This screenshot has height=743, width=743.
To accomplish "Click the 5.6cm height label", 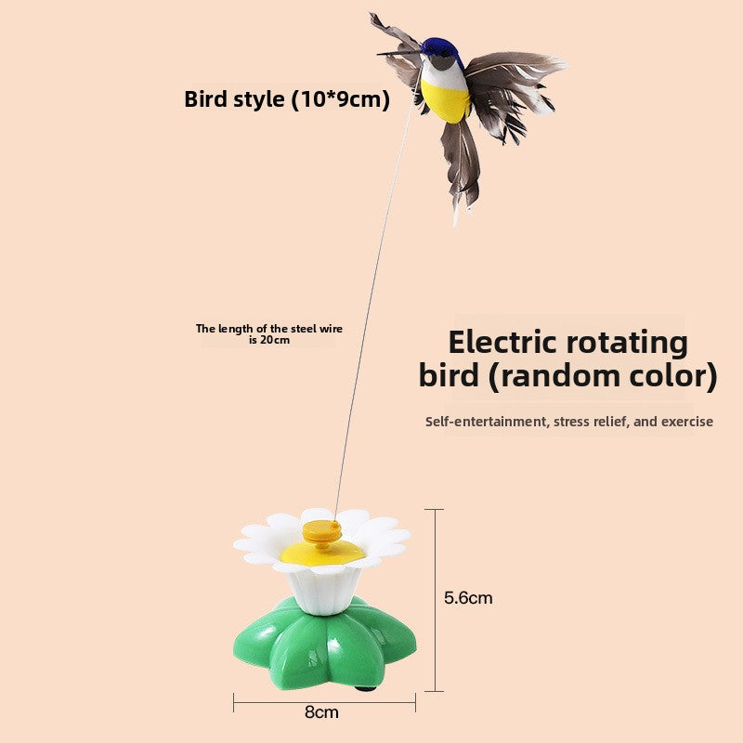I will (468, 598).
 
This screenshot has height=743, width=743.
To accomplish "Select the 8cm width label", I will (321, 712).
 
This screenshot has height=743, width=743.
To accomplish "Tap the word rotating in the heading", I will (632, 342).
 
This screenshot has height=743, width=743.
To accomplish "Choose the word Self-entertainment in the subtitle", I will (486, 422).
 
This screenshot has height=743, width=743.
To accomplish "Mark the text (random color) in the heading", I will (612, 376).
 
